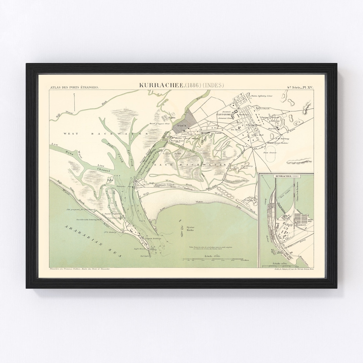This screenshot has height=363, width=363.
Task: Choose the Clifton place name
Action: point(249,200)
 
